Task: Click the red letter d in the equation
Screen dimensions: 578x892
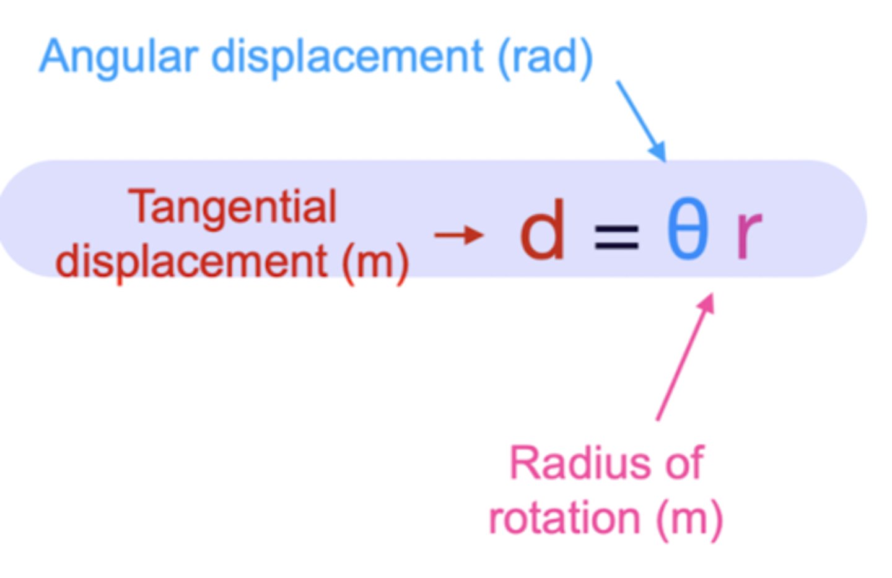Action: [x=543, y=230]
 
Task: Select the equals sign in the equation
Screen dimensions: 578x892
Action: [x=616, y=237]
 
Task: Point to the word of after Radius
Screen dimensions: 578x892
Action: [x=684, y=463]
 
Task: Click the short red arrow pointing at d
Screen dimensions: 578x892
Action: [x=458, y=235]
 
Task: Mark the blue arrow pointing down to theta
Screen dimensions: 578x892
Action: [x=641, y=121]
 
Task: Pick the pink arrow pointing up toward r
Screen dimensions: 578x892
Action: [x=684, y=358]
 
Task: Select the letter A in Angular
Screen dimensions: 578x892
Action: [x=55, y=57]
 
